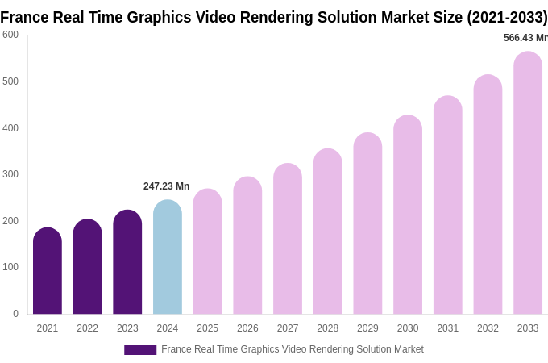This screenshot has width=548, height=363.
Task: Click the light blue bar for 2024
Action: [168, 258]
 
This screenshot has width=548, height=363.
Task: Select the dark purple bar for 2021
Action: [48, 272]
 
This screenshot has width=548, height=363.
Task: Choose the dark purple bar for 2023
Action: [127, 263]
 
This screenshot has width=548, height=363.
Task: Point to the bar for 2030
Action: [408, 215]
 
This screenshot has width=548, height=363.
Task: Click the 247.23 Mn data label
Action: [166, 186]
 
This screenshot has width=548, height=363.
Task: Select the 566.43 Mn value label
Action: [525, 38]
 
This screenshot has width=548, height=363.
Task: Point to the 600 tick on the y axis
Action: [10, 35]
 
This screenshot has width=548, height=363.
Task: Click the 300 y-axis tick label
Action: [10, 174]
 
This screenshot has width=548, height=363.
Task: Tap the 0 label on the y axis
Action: [15, 314]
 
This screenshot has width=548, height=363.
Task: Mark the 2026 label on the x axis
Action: [247, 328]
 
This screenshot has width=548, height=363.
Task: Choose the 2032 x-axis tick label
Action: [488, 328]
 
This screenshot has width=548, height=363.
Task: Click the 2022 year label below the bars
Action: [87, 328]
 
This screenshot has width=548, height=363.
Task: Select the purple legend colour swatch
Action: [140, 350]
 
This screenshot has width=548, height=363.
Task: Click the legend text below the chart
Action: [292, 349]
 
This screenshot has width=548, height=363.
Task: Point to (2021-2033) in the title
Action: [507, 17]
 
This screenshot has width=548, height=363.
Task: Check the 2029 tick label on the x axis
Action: [367, 328]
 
